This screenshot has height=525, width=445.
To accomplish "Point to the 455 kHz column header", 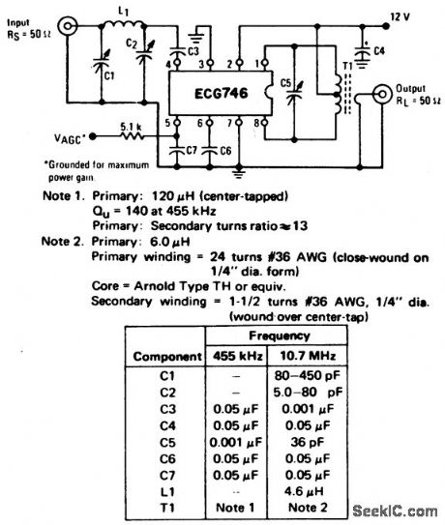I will pos(234,353).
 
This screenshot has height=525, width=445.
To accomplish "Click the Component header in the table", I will pos(166,353).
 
